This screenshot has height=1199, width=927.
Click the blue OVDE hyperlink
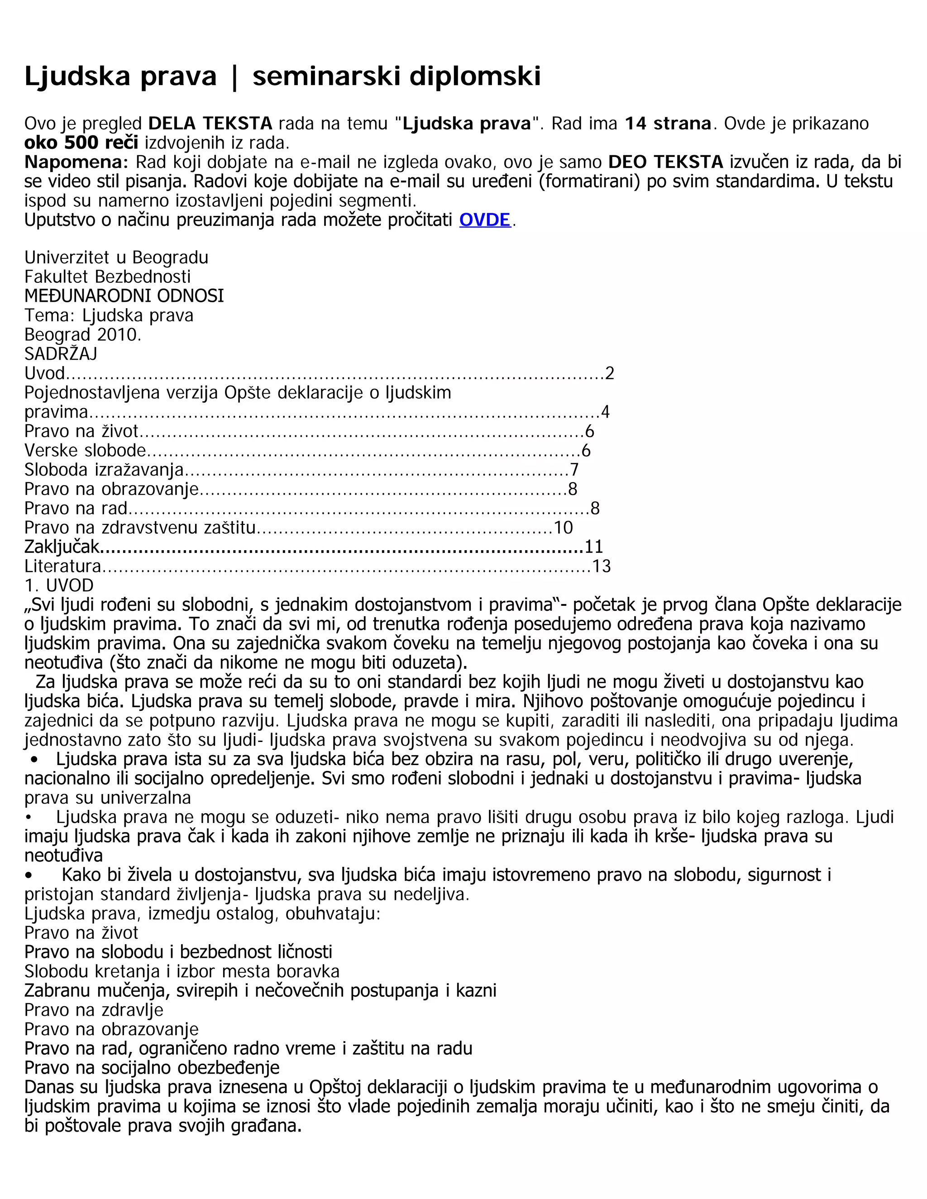pos(485,220)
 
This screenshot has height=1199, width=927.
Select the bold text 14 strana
pos(668,124)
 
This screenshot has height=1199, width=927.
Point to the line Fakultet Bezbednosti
pos(108,277)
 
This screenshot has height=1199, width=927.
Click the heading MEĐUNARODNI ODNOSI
pos(124,296)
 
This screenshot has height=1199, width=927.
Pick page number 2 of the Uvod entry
pos(609,374)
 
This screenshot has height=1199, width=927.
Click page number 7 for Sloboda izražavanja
pos(574,470)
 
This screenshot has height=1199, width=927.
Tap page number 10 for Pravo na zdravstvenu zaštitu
pos(563,528)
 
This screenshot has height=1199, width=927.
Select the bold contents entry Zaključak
pos(62,547)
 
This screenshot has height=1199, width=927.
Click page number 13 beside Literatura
pos(602,566)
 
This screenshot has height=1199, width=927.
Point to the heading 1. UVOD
pos(59,585)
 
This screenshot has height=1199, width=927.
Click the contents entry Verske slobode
pos(85,451)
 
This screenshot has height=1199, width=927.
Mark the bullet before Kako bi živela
pos(29,875)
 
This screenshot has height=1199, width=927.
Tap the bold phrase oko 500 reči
pos(81,143)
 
